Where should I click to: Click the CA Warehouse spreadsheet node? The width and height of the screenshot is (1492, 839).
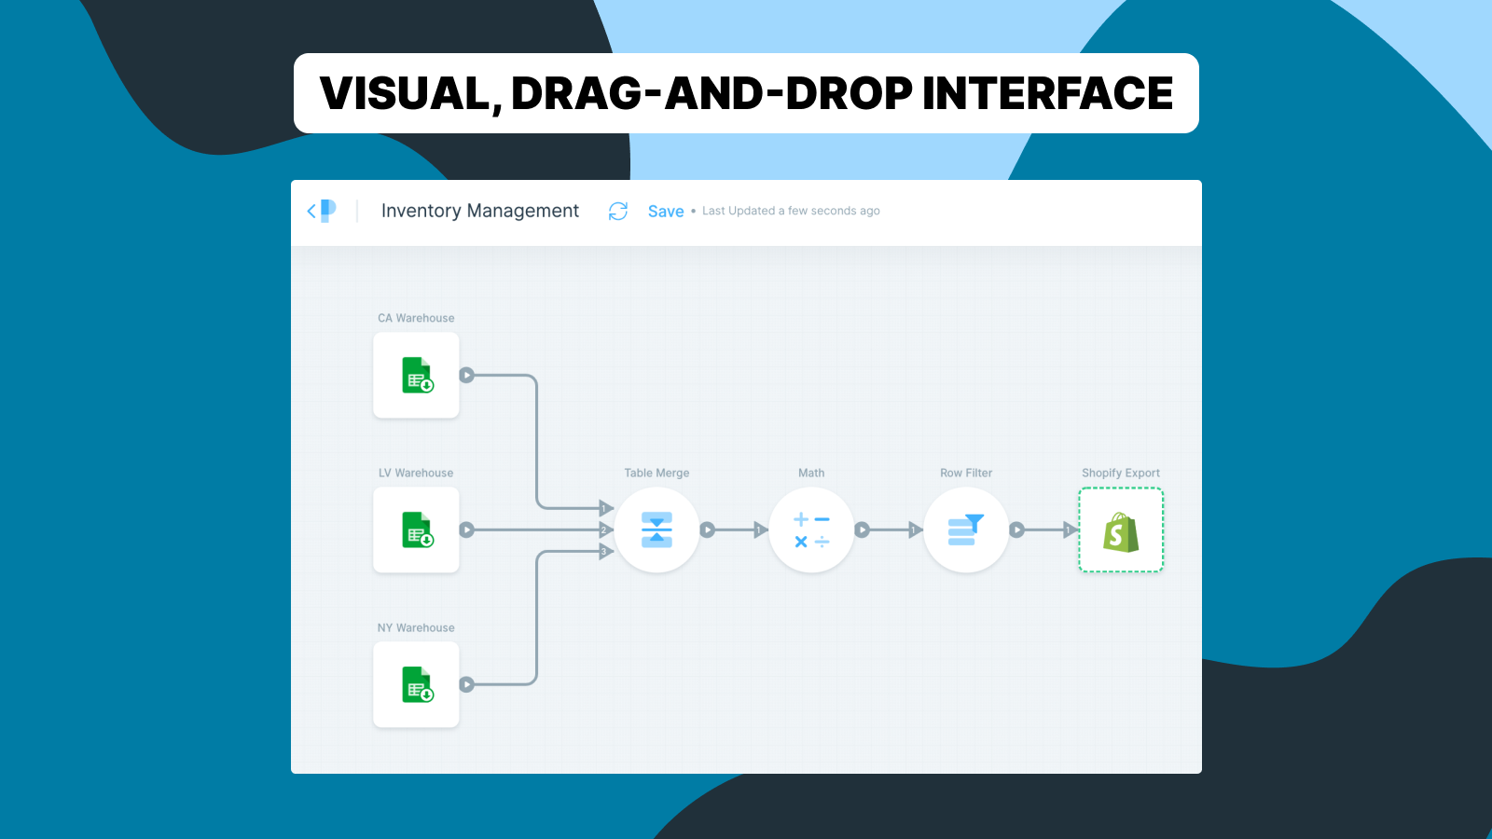pos(416,375)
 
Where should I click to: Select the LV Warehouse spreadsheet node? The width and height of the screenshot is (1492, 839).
pos(416,530)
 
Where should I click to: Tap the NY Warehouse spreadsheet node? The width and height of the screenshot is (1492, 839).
pos(416,684)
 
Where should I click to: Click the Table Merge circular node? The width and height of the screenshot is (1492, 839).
pos(656,530)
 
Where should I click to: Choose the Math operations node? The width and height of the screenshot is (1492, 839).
pos(811,530)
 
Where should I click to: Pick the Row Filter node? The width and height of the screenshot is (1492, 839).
pos(966,530)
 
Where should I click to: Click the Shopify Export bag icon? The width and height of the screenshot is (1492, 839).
pos(1121,531)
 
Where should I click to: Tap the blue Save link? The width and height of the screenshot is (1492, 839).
pos(666,212)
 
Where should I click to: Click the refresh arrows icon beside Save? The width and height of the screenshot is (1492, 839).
pos(618,212)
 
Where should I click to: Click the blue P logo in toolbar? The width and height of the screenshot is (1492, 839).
pos(327,211)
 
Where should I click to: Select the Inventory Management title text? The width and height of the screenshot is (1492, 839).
pos(480,211)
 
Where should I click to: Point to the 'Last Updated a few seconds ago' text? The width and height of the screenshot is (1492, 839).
pos(791,211)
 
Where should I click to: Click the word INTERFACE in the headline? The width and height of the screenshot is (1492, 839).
pos(1047,93)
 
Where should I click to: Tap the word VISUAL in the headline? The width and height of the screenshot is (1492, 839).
pos(405,93)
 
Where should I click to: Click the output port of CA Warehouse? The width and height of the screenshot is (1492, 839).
pos(467,375)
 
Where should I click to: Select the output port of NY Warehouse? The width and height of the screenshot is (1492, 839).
pos(467,684)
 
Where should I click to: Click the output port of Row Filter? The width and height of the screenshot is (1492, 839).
pos(1017,530)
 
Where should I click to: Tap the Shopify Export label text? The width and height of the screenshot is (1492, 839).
pos(1121,473)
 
